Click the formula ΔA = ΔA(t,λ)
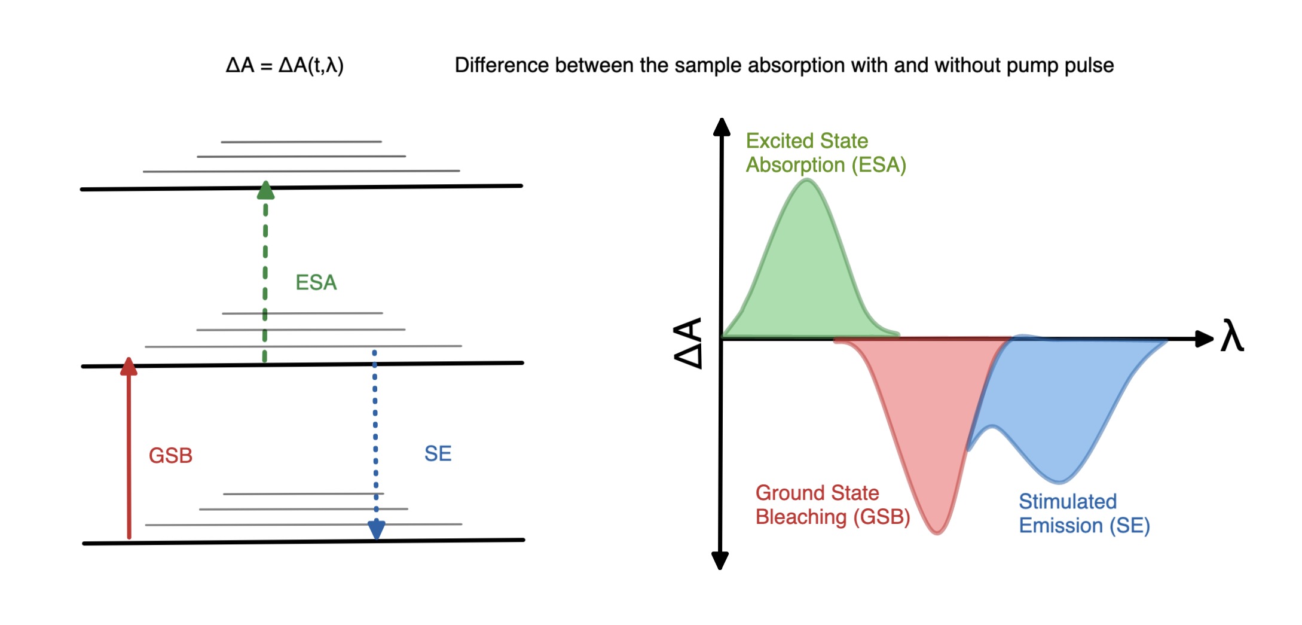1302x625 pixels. click(285, 65)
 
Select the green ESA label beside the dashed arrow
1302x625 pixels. click(316, 282)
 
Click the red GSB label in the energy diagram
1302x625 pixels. click(170, 456)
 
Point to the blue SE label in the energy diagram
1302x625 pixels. click(438, 454)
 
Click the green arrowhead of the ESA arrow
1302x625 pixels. click(265, 190)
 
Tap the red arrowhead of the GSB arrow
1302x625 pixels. click(129, 366)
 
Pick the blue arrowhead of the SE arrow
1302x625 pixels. click(376, 530)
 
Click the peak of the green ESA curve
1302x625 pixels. click(806, 181)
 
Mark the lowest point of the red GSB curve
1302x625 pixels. click(937, 532)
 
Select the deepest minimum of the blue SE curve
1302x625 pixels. click(1059, 480)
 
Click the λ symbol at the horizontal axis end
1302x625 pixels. click(1232, 336)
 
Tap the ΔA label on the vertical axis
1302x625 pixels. click(687, 343)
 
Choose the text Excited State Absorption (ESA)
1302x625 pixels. click(826, 153)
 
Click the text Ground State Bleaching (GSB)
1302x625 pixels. click(833, 505)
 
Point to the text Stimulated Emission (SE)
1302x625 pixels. click(1084, 513)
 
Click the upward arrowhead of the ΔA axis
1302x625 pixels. click(722, 126)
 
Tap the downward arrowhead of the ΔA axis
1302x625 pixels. click(720, 561)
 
